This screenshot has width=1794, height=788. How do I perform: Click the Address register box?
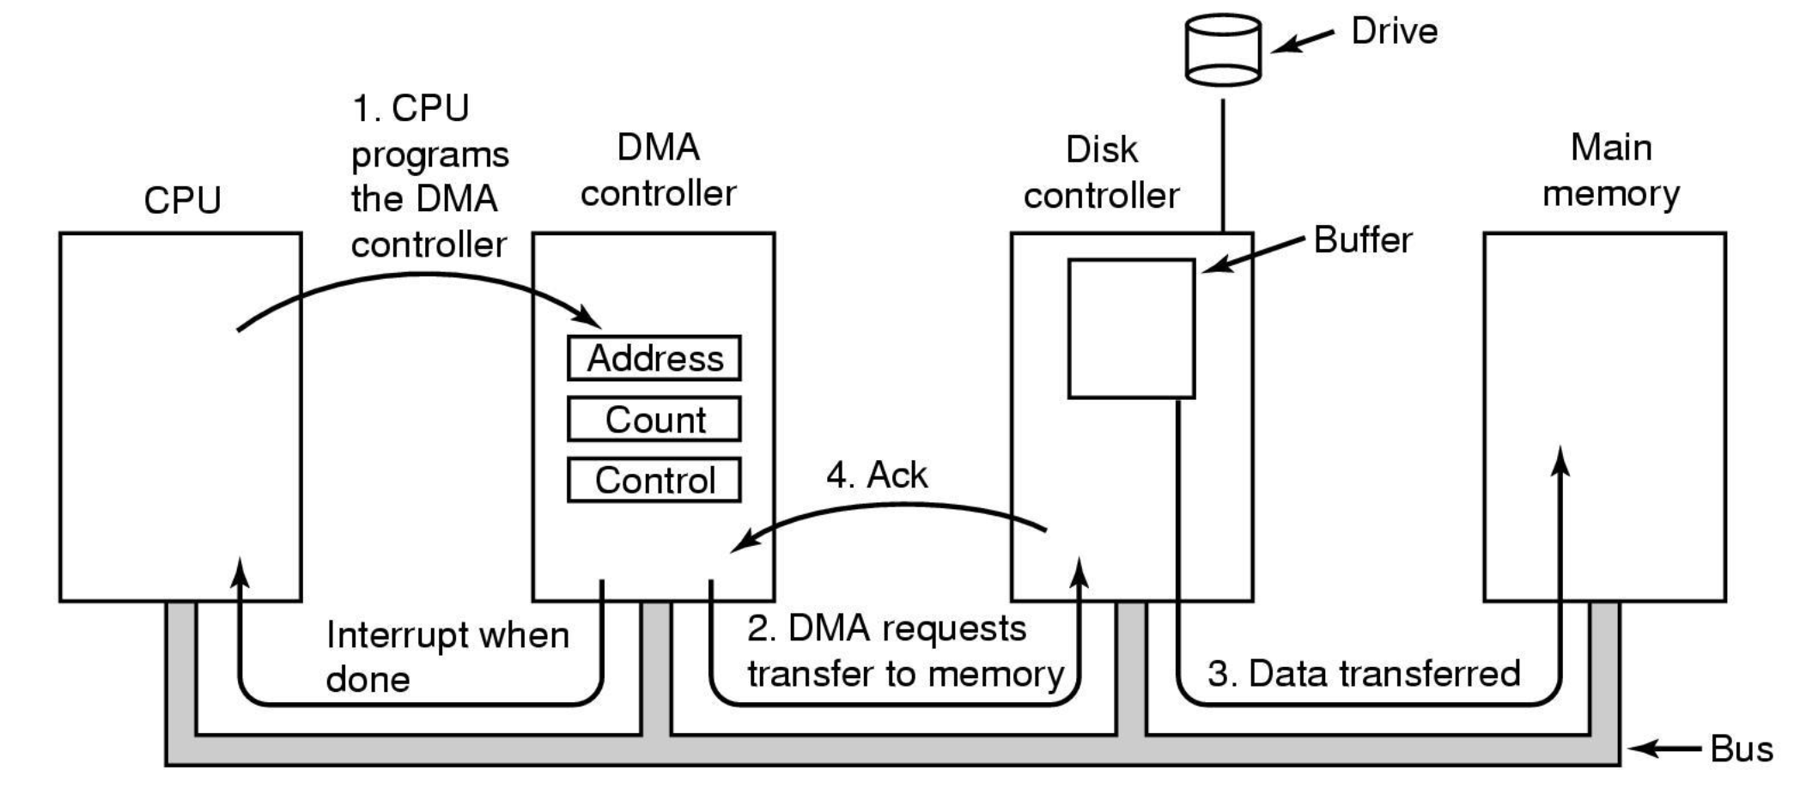654,358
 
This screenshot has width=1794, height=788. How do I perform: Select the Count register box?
654,419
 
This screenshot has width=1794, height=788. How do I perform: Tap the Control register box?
654,480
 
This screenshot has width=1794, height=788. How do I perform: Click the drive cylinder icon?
1223,50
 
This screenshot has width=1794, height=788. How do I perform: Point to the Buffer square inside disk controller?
1131,329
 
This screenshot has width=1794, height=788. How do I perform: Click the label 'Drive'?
1394,32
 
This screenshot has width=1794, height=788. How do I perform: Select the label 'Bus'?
1741,749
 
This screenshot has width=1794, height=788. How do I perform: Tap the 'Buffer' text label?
1363,240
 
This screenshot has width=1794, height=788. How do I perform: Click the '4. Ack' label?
877,475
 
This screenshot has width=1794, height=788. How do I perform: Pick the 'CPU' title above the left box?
182,201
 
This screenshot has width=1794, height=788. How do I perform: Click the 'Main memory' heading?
1611,171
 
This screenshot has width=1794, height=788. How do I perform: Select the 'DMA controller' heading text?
658,171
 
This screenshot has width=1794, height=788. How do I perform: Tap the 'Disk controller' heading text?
1101,173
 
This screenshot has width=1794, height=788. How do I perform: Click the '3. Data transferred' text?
1364,674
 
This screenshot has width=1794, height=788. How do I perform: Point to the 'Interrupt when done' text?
447,657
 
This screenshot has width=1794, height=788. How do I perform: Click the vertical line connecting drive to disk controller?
1223,163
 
